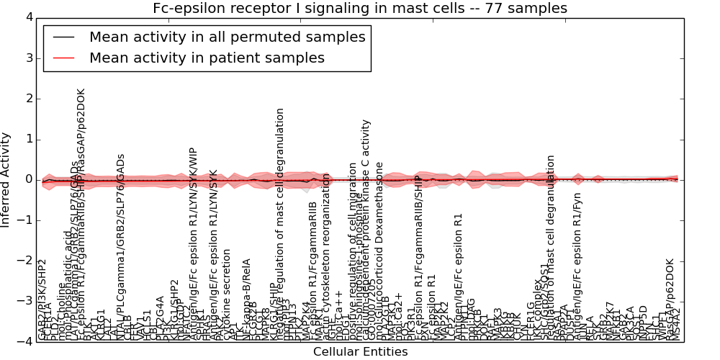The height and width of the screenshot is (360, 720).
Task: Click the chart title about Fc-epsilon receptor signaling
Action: click(x=360, y=8)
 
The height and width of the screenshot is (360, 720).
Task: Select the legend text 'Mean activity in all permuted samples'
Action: click(x=227, y=37)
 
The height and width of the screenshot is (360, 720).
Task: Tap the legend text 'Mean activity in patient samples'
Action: click(x=207, y=58)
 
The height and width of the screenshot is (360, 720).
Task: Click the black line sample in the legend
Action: click(x=63, y=37)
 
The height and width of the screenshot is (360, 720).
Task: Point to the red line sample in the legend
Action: click(x=63, y=58)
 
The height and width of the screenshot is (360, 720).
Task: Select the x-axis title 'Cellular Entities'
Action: click(x=360, y=352)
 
